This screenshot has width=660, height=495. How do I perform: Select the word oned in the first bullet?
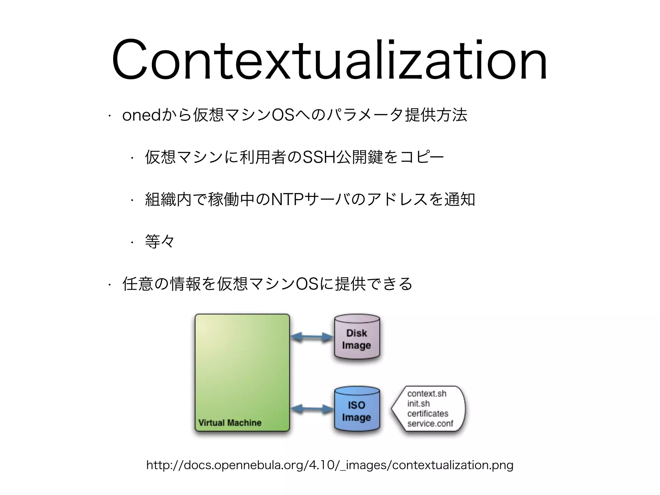[x=141, y=115]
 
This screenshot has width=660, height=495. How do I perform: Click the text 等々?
[x=160, y=241]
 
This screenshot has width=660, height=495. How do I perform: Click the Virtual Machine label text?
[x=230, y=423]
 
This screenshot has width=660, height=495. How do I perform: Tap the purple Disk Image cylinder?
[x=357, y=338]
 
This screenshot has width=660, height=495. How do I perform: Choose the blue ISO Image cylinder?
[x=357, y=411]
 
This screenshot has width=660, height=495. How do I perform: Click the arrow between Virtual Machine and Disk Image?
[x=312, y=337]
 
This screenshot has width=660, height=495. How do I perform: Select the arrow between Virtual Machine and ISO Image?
[x=312, y=409]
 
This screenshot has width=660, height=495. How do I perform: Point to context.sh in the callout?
[x=427, y=393]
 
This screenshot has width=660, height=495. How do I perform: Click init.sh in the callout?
[x=418, y=403]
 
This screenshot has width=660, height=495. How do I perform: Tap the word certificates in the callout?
[x=428, y=413]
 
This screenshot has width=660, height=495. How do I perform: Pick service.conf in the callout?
[x=430, y=423]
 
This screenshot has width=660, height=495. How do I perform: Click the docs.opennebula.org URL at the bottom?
[x=330, y=465]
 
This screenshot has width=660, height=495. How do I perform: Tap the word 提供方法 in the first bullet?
[x=436, y=115]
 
